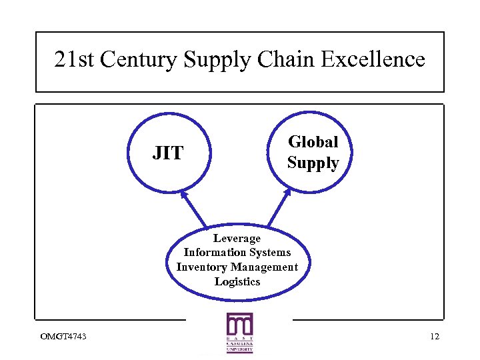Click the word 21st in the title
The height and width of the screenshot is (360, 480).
(72, 60)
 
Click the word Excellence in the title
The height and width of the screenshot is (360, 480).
(373, 60)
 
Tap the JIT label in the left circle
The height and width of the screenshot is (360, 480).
(167, 153)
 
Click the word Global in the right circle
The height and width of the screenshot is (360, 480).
(313, 142)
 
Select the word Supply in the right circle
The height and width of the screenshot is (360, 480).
(313, 163)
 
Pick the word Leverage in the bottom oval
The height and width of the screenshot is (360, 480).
(237, 238)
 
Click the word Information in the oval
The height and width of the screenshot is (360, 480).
(213, 252)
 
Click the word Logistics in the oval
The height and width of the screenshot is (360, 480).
(237, 281)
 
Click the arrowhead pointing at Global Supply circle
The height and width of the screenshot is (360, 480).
(287, 192)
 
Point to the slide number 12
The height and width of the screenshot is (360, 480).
(435, 336)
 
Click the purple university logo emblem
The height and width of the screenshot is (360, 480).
(239, 325)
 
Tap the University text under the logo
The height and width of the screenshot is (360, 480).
(239, 349)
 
